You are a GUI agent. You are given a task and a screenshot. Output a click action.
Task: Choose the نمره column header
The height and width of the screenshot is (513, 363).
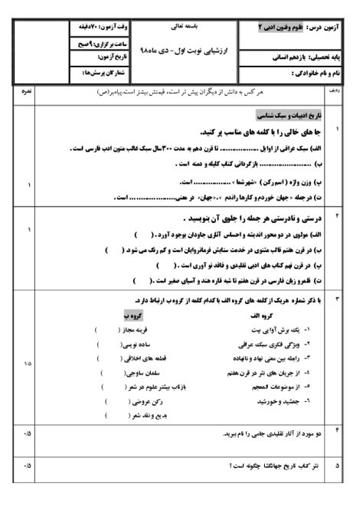26,91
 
